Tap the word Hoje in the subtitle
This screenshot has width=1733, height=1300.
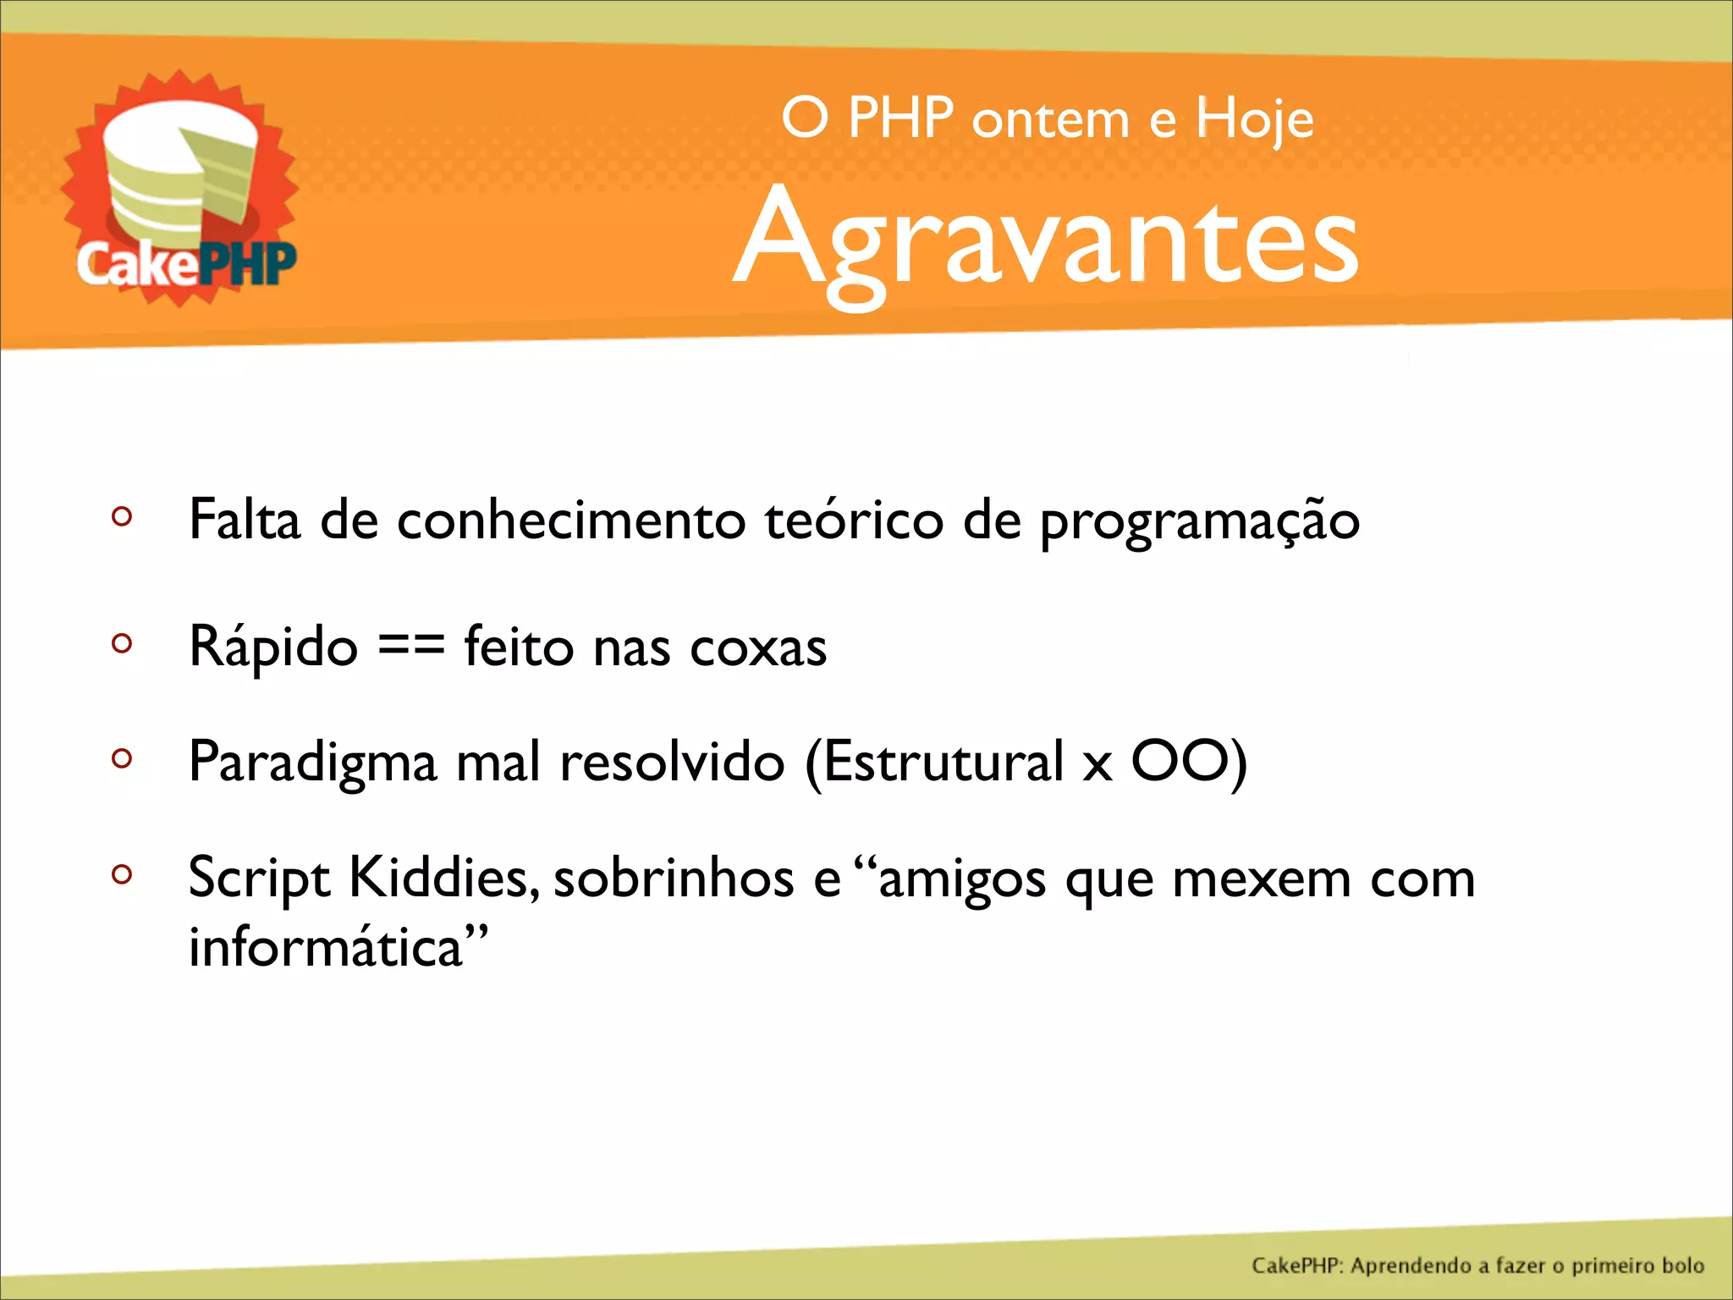[1254, 120]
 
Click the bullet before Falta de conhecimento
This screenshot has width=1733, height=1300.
[122, 516]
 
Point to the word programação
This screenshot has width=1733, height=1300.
[1199, 521]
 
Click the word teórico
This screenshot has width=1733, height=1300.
[854, 520]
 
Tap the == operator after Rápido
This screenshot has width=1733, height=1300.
[410, 646]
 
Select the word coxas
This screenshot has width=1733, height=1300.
[758, 648]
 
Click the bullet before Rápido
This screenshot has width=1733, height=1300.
[122, 643]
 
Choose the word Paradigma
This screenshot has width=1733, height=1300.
[312, 763]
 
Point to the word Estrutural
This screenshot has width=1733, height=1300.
[943, 761]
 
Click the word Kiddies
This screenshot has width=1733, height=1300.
[443, 878]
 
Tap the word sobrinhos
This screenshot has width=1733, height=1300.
[674, 878]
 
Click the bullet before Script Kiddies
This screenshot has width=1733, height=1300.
[122, 873]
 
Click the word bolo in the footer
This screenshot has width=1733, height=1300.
[1682, 1265]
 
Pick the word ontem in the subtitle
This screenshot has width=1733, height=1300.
[1050, 120]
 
